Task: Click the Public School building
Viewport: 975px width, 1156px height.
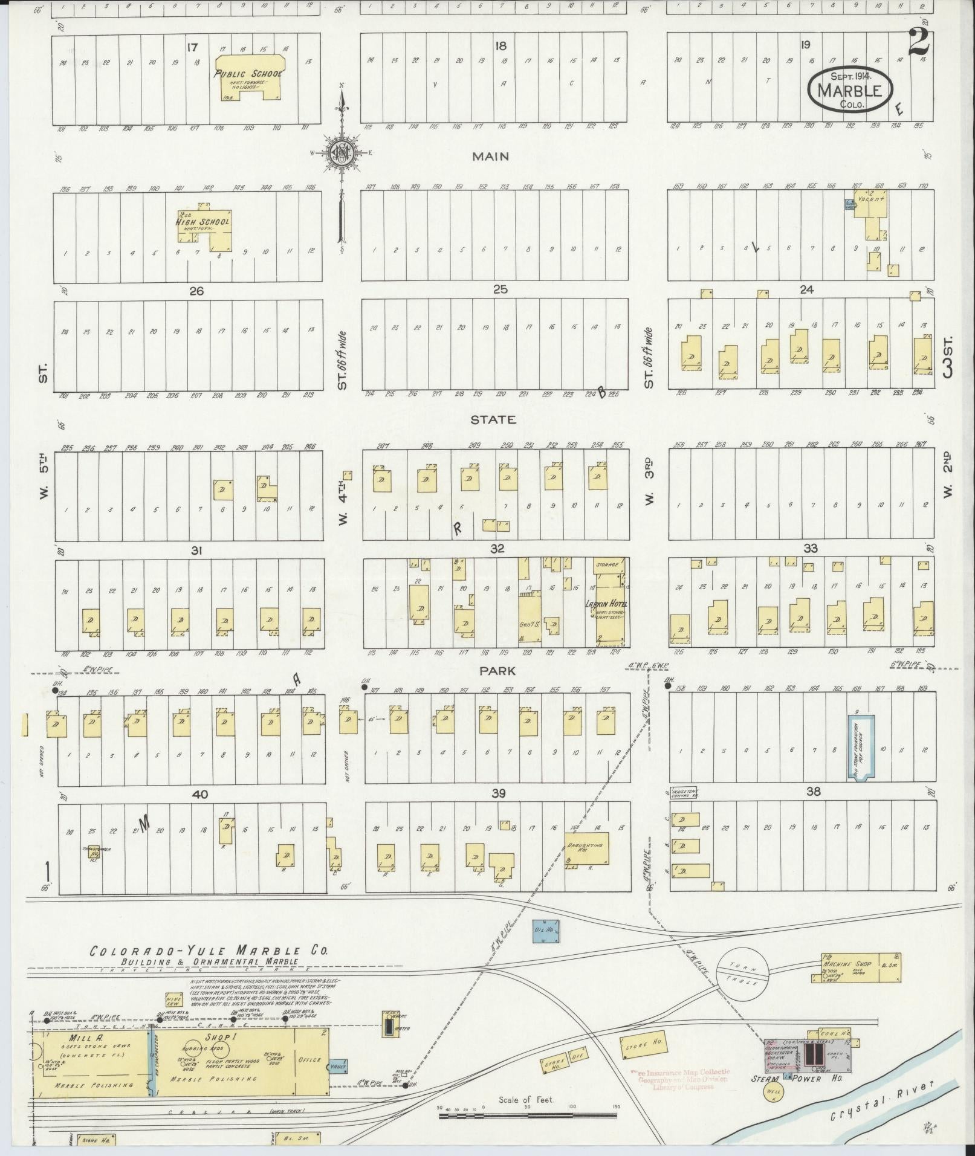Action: (251, 77)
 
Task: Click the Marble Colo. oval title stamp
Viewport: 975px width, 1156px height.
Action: (850, 90)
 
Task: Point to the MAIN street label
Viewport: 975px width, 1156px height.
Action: (490, 157)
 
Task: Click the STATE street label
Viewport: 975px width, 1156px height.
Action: (494, 419)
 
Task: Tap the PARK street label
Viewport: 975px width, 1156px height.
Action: (497, 671)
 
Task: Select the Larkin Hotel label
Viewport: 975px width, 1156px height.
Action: (606, 604)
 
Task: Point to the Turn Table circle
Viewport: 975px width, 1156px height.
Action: (742, 973)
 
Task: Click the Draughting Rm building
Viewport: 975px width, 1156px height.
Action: (586, 847)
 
